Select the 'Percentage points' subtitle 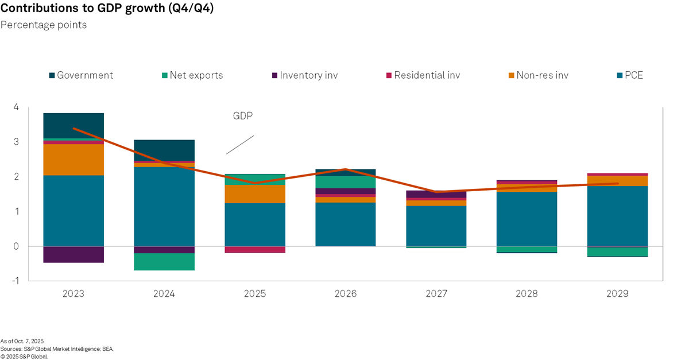(x=44, y=25)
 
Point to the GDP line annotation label (x=243, y=116)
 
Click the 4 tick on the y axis (x=16, y=107)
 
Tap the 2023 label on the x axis (x=73, y=294)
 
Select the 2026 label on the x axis (x=345, y=294)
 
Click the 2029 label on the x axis (x=617, y=294)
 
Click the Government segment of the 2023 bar (x=73, y=125)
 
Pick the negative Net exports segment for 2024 (x=164, y=262)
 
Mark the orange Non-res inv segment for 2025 (x=255, y=193)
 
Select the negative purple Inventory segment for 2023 (x=73, y=254)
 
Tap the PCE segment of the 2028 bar (x=527, y=219)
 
